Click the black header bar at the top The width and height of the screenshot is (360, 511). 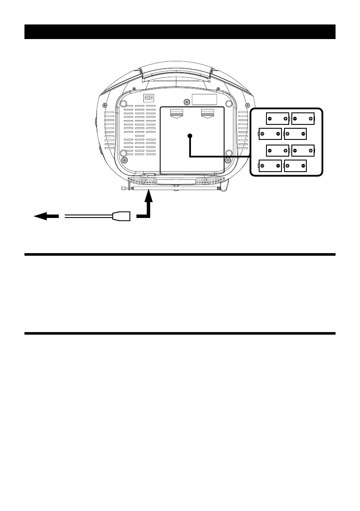(x=179, y=32)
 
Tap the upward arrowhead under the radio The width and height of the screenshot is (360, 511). (x=148, y=197)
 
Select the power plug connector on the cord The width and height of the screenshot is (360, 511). (x=121, y=217)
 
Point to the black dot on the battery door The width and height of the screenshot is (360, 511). (x=189, y=136)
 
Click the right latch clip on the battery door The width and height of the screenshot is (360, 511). (x=207, y=113)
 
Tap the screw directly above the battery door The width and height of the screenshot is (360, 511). (x=187, y=102)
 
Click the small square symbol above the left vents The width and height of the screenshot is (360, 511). (x=148, y=98)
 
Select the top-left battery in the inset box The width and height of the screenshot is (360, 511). (x=277, y=118)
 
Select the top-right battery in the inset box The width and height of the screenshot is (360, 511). (x=303, y=118)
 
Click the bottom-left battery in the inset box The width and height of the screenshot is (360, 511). (x=270, y=166)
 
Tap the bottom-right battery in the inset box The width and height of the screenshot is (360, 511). (x=295, y=166)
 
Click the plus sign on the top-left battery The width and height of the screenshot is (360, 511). (x=285, y=118)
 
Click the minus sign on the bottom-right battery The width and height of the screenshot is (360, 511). (x=303, y=166)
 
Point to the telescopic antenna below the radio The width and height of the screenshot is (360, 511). (x=172, y=188)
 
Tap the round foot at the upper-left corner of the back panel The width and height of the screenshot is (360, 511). (x=124, y=103)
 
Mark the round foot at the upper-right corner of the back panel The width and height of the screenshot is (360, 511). (x=229, y=103)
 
